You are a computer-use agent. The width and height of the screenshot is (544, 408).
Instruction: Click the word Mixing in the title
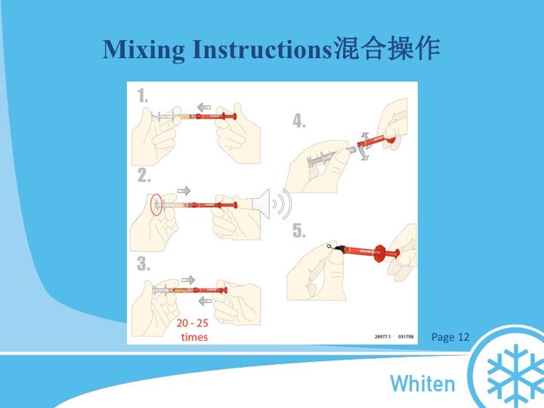pos(144,49)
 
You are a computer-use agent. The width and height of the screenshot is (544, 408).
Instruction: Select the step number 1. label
pos(143,96)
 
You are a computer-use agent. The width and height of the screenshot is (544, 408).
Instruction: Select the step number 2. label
pos(144,175)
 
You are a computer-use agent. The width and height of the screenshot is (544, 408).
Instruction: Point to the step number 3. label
pos(144,264)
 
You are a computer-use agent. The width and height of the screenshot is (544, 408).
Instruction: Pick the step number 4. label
pos(299,121)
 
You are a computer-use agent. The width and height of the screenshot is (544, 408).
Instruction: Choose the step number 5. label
pos(299,231)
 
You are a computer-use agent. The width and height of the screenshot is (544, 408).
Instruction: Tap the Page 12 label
pos(450,337)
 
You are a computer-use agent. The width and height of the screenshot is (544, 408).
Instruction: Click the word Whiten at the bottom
pos(422,383)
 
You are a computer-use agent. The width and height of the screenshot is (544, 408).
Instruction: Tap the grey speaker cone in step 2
pos(261,203)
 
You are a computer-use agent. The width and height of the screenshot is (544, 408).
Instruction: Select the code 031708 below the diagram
pos(406,338)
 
